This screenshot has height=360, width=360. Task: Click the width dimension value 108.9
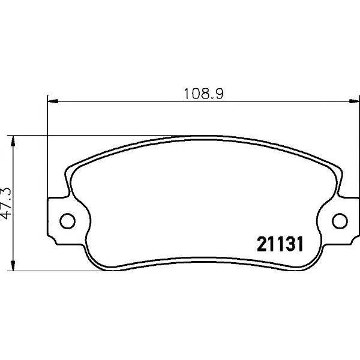coord(203,94)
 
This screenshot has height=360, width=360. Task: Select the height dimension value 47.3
coord(6,203)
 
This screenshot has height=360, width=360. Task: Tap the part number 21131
coord(280,245)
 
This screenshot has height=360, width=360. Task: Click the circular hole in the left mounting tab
coord(67,221)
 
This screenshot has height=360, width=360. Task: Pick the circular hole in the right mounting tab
coord(340,221)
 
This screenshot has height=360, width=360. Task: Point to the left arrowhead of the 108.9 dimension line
coord(53,101)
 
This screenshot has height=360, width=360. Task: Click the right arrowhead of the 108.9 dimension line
coord(354,101)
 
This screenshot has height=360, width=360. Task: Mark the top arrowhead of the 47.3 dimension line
coord(13,141)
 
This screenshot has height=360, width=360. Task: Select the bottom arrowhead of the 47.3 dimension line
coord(13,265)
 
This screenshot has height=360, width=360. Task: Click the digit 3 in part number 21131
coord(289,245)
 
